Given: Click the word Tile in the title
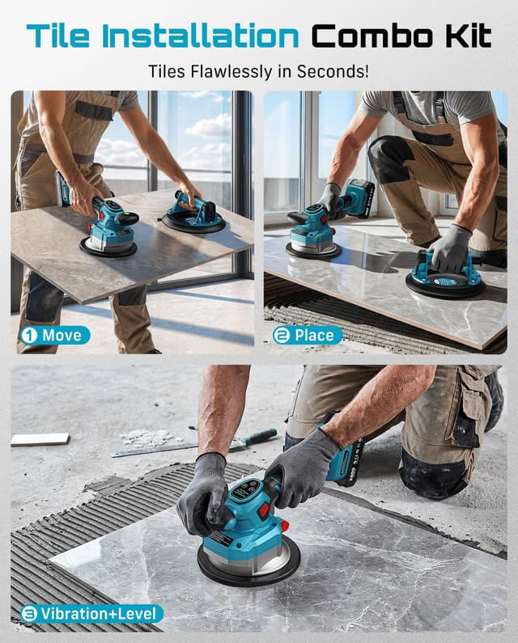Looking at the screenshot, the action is tap(58, 36).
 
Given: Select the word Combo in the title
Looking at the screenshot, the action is tap(372, 36).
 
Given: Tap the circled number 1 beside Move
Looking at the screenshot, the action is tap(29, 336).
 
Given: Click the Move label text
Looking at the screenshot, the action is tap(62, 336).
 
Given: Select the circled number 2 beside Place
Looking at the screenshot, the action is tap(282, 336).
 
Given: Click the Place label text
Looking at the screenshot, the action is tap(314, 336).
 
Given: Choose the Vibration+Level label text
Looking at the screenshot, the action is tap(99, 614).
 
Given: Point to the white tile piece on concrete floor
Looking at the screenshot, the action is tap(40, 439).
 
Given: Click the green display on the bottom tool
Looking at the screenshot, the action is tap(245, 489).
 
